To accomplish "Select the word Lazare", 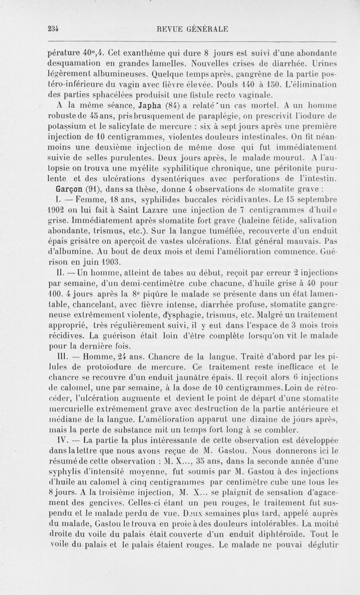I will [x=136, y=208].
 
